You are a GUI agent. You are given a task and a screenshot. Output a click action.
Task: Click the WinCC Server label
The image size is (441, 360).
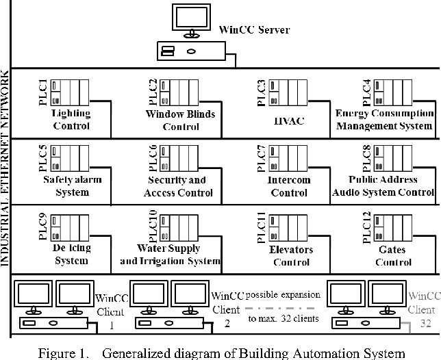(253, 31)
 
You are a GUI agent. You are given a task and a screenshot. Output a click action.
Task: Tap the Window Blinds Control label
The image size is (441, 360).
(181, 120)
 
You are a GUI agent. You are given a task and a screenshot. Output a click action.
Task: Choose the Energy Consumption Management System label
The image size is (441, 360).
(383, 120)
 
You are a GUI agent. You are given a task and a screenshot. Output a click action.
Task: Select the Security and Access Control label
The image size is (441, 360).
(177, 186)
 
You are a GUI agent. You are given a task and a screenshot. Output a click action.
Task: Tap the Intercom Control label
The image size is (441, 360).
(290, 186)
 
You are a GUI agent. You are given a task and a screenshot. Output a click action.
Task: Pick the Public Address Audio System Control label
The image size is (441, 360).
(383, 186)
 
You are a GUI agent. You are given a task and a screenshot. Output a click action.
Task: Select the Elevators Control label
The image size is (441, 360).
(292, 255)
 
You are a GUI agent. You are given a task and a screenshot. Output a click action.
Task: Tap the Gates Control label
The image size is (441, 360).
(392, 255)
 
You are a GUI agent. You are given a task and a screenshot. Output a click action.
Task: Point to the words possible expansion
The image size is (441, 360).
(283, 295)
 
